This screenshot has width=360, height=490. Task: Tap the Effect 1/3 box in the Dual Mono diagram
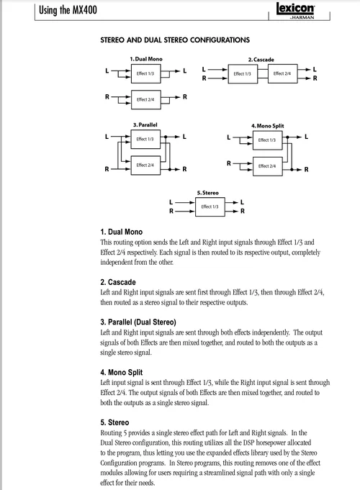point(145,73)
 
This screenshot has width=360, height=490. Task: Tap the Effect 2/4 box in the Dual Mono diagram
point(145,99)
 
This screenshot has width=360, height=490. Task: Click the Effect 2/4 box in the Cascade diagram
point(282,73)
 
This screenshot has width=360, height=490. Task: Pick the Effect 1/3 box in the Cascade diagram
point(242,73)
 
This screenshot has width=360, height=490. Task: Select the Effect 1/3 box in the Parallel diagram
point(145,139)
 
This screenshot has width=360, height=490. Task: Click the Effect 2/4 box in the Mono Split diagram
point(267,165)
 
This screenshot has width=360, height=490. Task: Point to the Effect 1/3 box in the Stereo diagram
point(210,207)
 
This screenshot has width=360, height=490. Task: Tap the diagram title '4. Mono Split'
point(267,125)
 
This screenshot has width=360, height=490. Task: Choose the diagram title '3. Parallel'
point(145,124)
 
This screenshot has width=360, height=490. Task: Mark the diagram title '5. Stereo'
point(208,193)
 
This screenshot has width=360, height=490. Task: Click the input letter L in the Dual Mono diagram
point(108,70)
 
